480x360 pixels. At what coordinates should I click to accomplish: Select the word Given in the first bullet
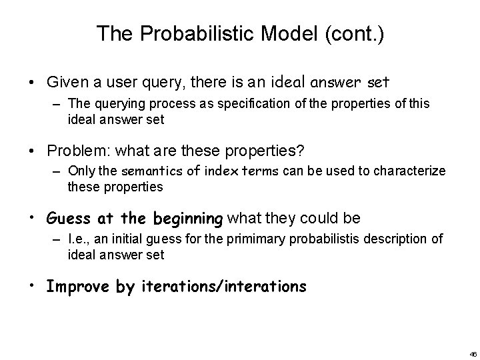pos(65,83)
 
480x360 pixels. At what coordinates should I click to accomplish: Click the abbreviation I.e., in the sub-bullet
pos(79,240)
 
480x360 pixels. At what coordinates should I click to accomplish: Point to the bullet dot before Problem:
pos(33,151)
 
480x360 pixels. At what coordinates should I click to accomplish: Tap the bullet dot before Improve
pos(33,287)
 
